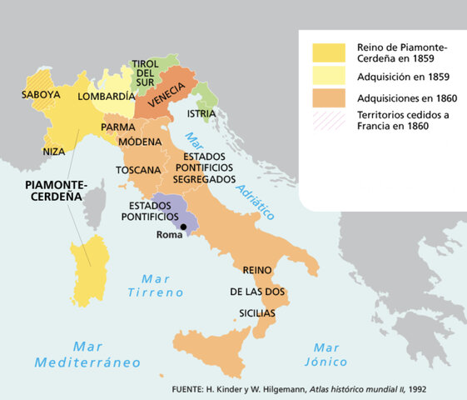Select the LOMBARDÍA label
click(106, 97)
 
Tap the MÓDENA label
click(140, 142)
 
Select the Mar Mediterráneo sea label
click(87, 354)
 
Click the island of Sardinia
click(91, 271)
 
